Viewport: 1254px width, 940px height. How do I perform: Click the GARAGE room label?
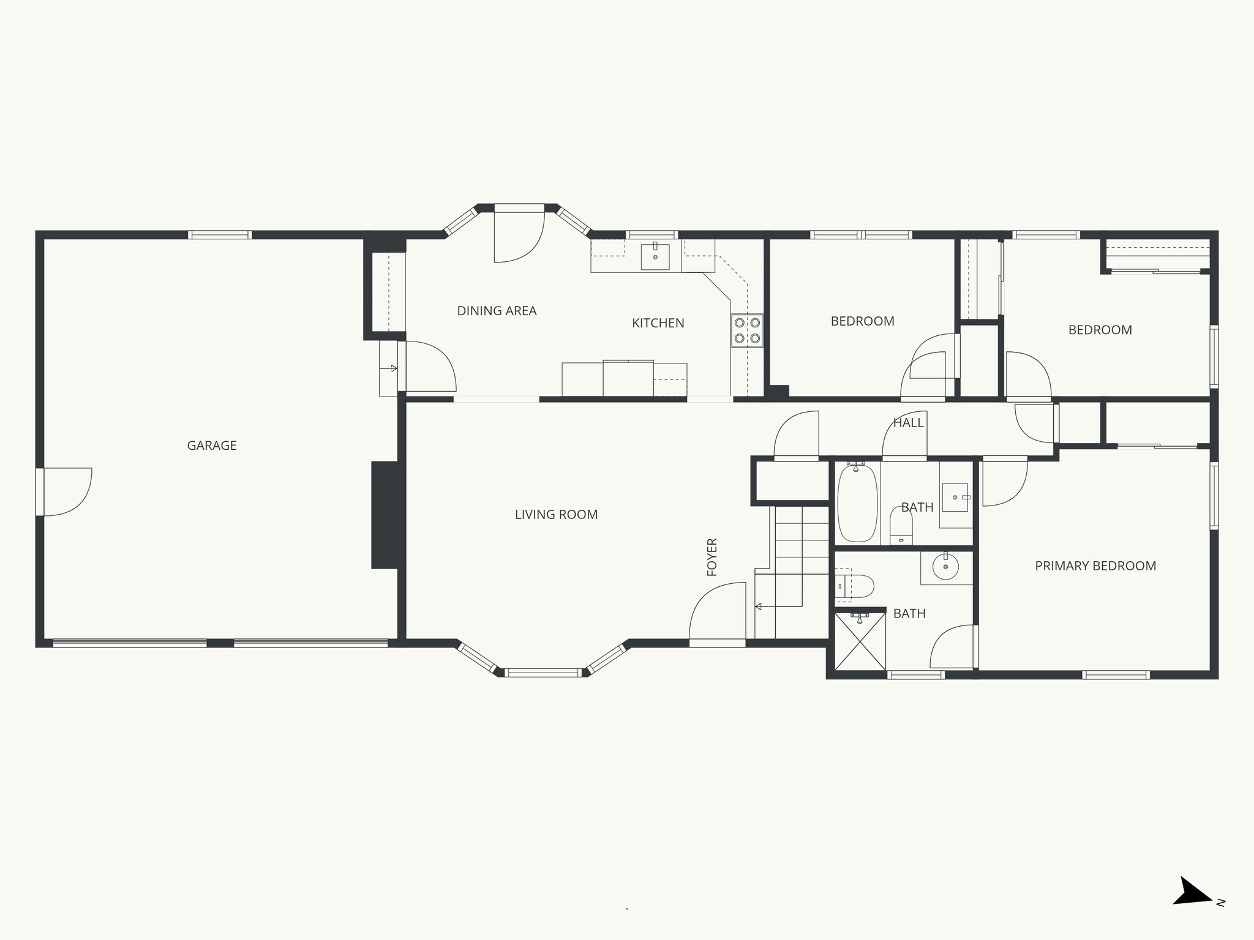212,446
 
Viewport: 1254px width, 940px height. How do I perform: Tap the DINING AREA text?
497,311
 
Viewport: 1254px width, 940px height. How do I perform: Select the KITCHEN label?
658,323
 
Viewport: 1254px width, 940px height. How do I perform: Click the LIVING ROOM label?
556,515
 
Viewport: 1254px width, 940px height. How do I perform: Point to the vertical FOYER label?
712,557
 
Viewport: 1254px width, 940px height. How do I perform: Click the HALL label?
907,423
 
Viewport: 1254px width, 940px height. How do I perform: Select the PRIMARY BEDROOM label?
1095,566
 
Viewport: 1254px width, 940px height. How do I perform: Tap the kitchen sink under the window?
655,256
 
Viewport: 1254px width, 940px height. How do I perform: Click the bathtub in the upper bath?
857,503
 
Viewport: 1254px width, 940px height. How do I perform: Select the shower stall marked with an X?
860,641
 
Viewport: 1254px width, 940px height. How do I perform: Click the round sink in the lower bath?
946,567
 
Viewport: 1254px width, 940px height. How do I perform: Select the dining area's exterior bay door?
518,236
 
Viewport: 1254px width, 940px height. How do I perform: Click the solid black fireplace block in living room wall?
385,515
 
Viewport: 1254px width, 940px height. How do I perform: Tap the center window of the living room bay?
543,673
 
